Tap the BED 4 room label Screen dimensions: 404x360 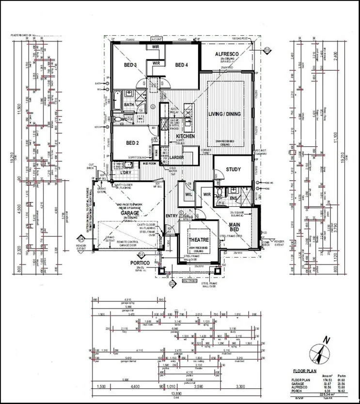tap(181, 65)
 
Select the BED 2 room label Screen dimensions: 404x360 tap(133, 143)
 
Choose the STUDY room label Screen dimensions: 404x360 tap(234, 169)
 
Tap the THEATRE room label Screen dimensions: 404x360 tap(199, 240)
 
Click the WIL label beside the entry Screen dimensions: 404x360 tap(188, 195)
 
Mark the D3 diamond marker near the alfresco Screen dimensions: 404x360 tap(266, 49)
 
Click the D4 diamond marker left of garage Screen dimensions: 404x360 tap(81, 238)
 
